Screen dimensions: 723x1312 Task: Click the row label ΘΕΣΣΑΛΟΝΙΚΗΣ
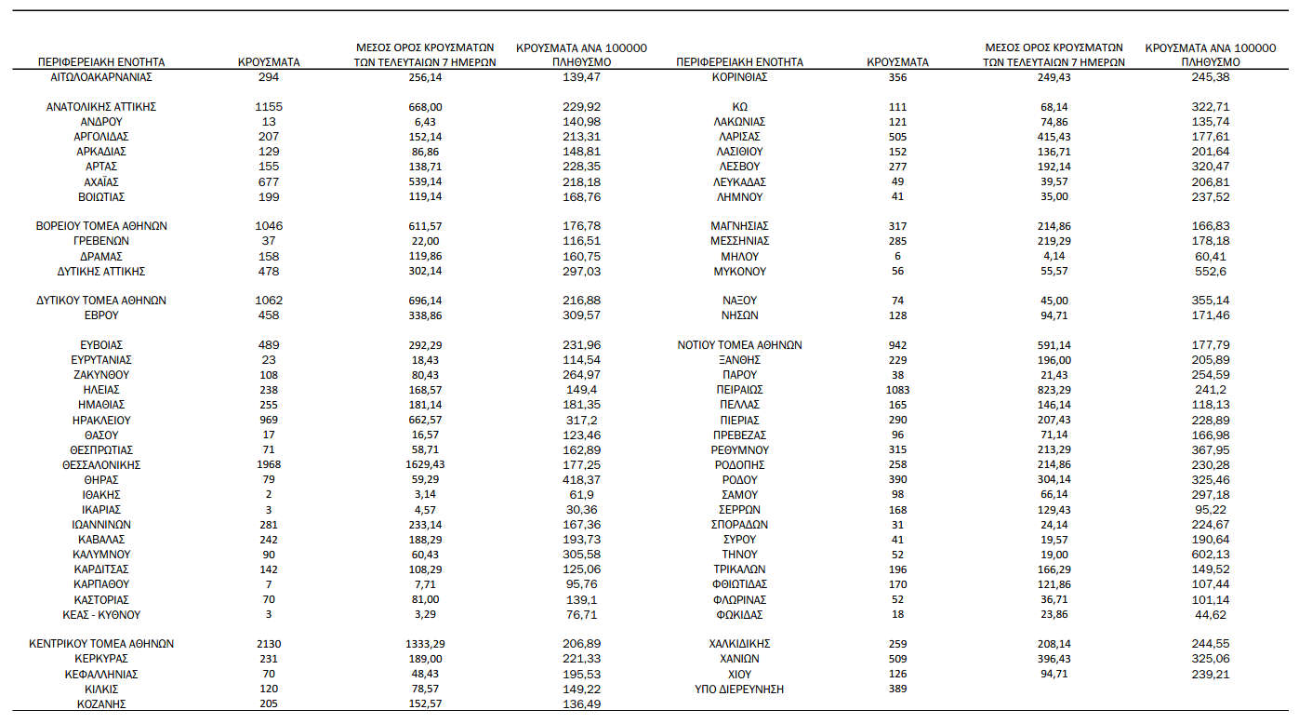point(101,464)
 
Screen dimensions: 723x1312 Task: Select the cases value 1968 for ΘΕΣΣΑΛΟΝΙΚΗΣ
point(269,464)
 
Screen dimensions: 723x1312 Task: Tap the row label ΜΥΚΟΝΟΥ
point(739,271)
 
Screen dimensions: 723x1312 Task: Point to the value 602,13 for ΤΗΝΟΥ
point(1210,554)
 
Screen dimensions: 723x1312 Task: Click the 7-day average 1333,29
point(424,643)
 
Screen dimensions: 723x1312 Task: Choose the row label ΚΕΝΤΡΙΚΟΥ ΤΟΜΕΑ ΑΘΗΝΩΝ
point(101,643)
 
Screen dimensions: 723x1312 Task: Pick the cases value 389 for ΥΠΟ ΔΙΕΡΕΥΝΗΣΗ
point(897,689)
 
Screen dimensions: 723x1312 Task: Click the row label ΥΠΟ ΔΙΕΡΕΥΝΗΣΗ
point(739,689)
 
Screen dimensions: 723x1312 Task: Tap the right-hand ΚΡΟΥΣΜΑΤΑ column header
point(897,62)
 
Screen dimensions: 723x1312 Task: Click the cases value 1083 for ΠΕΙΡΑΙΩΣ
point(897,389)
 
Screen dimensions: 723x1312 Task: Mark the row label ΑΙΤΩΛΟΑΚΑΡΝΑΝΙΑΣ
point(101,76)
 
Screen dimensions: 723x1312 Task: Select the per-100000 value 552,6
point(1210,271)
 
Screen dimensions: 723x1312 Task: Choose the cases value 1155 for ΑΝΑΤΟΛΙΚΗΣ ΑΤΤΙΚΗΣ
point(269,107)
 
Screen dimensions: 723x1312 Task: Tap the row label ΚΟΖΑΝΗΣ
point(101,703)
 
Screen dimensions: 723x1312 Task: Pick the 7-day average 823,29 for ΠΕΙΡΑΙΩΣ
point(1054,389)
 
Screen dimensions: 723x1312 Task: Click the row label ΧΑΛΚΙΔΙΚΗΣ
point(739,643)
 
